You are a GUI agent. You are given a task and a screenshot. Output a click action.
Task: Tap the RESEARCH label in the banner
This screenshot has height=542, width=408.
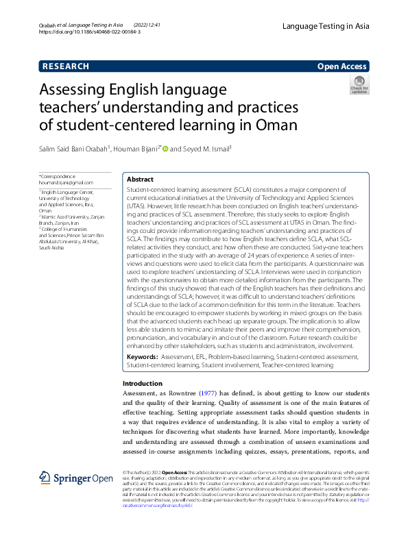[66, 66]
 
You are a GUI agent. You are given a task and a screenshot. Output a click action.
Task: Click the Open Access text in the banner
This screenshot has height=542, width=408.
[342, 66]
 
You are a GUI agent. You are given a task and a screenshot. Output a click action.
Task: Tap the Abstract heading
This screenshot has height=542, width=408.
[141, 179]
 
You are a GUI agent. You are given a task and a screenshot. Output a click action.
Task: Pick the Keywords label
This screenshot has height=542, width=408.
[142, 357]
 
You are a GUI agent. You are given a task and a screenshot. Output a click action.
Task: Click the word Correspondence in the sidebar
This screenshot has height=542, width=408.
[58, 177]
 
